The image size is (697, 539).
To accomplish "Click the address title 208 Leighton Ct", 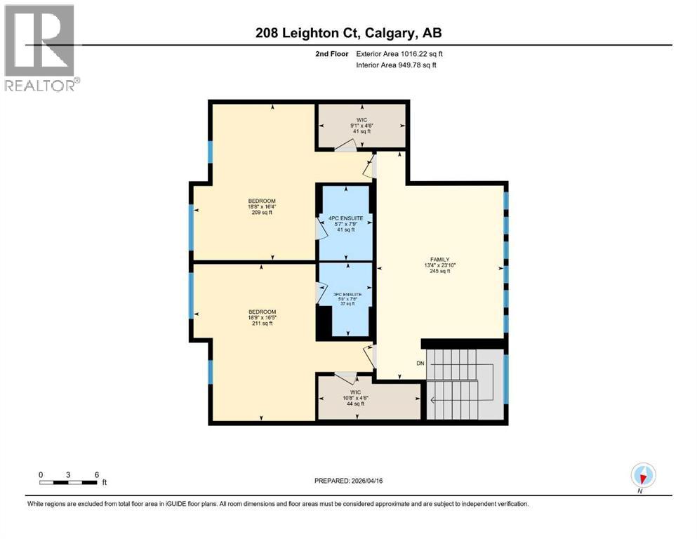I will (348, 32).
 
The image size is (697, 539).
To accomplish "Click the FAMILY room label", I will (439, 265).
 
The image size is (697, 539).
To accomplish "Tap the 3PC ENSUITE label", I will (346, 298).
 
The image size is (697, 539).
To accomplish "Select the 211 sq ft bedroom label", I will (262, 317).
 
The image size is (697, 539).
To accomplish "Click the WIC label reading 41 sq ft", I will (361, 126).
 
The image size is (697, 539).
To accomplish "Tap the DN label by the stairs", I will (420, 364).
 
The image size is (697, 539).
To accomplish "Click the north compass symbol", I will (642, 475).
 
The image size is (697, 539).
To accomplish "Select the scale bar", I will (68, 482).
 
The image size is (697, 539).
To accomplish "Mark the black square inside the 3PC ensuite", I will (324, 324).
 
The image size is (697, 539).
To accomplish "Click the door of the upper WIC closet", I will (345, 145).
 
